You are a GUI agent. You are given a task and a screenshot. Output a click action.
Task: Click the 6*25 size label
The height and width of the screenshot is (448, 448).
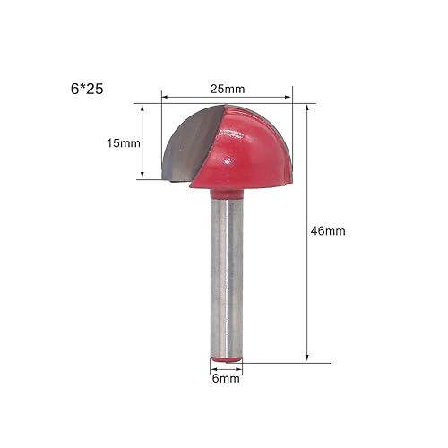click(x=87, y=89)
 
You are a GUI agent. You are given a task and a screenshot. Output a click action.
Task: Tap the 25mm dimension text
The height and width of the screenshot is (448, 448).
click(x=228, y=89)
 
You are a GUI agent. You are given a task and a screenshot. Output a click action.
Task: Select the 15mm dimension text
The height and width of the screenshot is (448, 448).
click(x=124, y=143)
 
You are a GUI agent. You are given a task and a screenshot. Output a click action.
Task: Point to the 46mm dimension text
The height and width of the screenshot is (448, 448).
click(x=328, y=231)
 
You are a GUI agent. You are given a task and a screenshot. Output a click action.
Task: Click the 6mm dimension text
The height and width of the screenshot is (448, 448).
click(x=226, y=378)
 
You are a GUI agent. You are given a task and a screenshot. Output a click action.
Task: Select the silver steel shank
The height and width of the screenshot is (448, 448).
click(x=227, y=278)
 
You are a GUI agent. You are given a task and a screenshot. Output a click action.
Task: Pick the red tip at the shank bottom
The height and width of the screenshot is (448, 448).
click(x=226, y=359)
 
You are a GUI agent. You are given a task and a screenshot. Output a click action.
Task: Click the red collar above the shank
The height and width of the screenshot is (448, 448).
click(x=227, y=194)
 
